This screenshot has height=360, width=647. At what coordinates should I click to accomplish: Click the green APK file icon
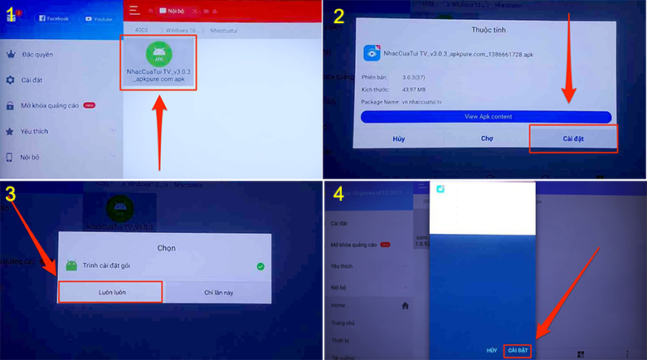pos(160,56)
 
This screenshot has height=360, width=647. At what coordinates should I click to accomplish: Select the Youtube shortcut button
pos(100,17)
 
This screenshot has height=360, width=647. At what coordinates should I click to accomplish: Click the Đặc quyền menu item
pos(36,55)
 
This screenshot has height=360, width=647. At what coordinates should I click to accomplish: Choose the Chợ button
pos(487,139)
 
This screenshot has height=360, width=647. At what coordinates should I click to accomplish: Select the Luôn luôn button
pos(109,292)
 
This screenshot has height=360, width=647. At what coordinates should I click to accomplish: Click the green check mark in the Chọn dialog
pos(260,266)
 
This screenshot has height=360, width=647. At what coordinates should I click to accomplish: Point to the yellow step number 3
pos(11,194)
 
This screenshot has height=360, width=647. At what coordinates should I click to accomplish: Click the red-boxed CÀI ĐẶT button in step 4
pos(518,351)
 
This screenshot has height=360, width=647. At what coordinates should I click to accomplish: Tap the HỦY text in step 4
pos(492,351)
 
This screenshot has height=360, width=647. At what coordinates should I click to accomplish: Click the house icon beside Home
pos(406,306)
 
